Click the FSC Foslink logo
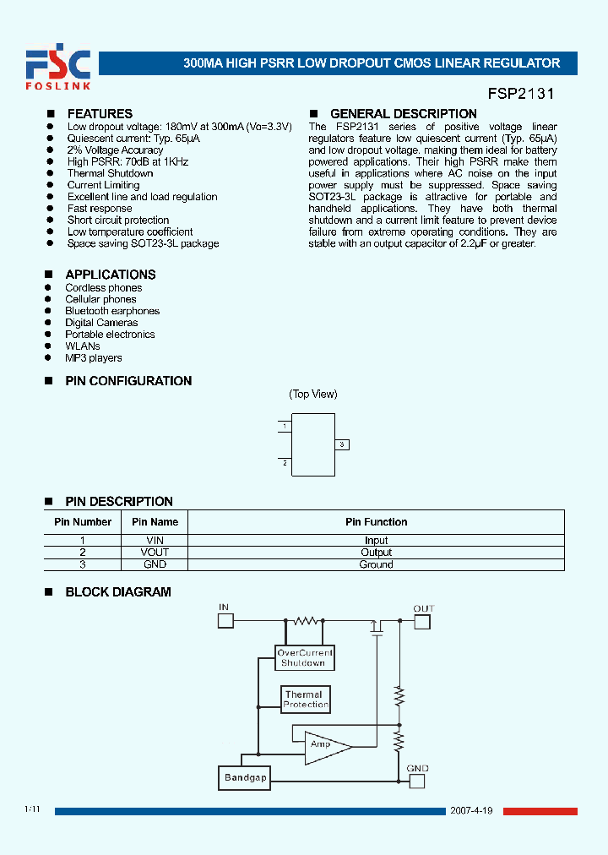(57, 68)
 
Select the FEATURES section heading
(100, 114)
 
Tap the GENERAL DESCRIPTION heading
(403, 114)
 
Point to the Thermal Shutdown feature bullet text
(110, 173)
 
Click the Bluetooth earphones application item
(112, 311)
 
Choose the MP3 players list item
(93, 358)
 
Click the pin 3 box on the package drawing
(342, 444)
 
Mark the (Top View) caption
(313, 395)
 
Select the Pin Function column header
(376, 522)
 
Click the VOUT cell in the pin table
(155, 553)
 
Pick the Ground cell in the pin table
(376, 564)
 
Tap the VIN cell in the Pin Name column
(155, 541)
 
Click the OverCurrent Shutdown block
(305, 658)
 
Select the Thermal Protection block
(305, 700)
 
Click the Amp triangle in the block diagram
(323, 744)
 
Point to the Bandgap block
(245, 778)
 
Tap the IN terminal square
(225, 621)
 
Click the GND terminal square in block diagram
(416, 781)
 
